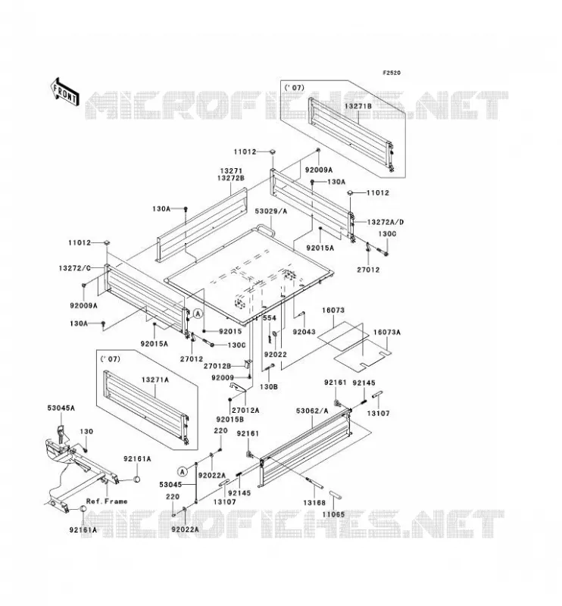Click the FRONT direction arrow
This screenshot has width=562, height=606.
[64, 92]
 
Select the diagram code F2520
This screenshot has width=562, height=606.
[392, 73]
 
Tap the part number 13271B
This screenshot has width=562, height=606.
[358, 105]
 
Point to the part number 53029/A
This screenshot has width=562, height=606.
[271, 211]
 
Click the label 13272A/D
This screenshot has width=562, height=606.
[385, 222]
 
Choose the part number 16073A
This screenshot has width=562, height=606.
[386, 333]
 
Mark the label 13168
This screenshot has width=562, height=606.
[314, 503]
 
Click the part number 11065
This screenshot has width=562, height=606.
[333, 514]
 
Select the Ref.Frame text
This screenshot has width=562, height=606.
[107, 501]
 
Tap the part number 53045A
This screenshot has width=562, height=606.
[61, 408]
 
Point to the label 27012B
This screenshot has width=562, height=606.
[217, 366]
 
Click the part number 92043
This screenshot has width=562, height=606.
[304, 332]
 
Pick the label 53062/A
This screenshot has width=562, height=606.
[312, 411]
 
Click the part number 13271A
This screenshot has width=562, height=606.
[155, 380]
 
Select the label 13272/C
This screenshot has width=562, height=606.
[75, 268]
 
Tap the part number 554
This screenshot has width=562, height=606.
[270, 318]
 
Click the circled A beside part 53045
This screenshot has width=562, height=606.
[183, 471]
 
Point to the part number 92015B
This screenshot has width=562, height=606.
[230, 419]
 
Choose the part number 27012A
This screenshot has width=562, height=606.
[245, 410]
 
